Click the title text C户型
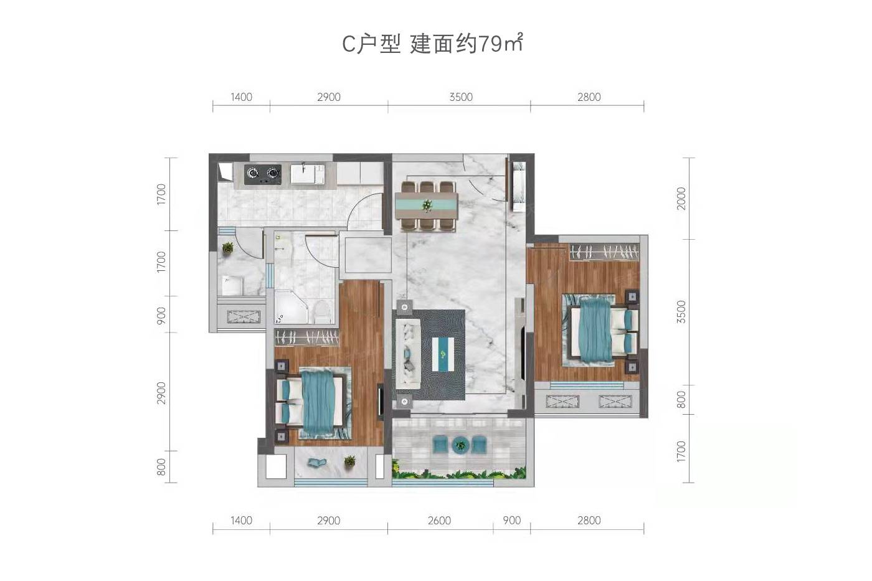click(371, 44)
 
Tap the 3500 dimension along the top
click(461, 97)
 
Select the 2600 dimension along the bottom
click(439, 521)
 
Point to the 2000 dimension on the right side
click(681, 198)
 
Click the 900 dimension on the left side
click(161, 315)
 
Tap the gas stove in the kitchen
click(263, 174)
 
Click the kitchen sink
click(308, 174)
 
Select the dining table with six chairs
click(427, 206)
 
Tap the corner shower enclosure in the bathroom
click(291, 308)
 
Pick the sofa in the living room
click(408, 354)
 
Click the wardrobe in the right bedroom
click(604, 252)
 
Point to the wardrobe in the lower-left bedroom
click(306, 337)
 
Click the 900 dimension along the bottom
click(511, 521)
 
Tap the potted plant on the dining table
click(427, 205)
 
